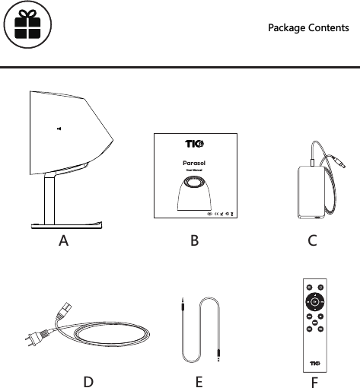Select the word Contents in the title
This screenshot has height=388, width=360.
click(x=329, y=28)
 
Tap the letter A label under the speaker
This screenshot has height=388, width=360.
click(x=65, y=242)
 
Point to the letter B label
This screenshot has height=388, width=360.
click(x=194, y=242)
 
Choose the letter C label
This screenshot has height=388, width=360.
click(x=312, y=242)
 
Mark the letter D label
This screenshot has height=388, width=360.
click(x=88, y=381)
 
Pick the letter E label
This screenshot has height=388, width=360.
click(x=198, y=381)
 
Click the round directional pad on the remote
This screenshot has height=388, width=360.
click(x=314, y=301)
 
